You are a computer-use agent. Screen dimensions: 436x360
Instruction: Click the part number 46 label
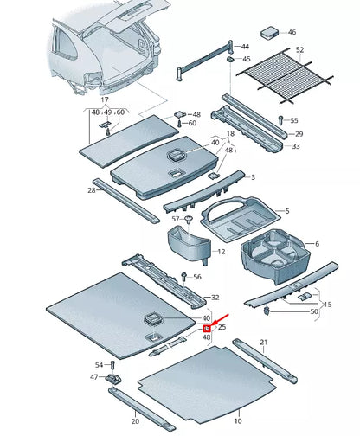click(291, 32)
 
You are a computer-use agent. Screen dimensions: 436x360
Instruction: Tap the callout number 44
click(245, 45)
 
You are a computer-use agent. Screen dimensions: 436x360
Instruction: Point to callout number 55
click(293, 120)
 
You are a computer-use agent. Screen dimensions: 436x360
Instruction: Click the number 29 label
click(298, 134)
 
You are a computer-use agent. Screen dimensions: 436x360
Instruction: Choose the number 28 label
click(91, 189)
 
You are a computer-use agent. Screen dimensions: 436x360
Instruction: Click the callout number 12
click(221, 252)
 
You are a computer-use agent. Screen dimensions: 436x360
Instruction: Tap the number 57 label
click(176, 219)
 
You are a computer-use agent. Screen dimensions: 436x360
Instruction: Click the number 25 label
click(221, 328)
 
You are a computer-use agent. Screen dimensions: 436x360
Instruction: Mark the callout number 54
click(99, 365)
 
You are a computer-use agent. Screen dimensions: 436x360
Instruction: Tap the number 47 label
click(94, 378)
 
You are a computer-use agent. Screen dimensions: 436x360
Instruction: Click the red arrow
click(216, 323)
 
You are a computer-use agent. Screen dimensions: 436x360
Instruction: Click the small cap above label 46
click(269, 31)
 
